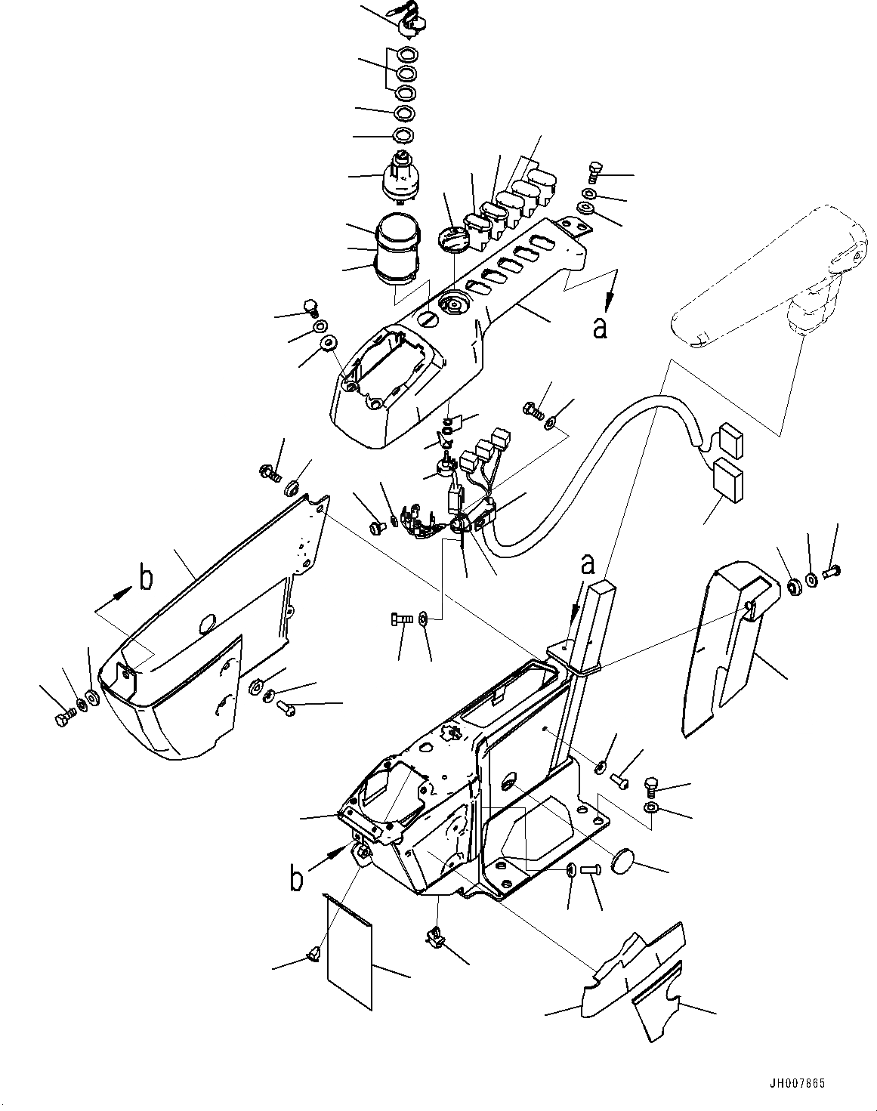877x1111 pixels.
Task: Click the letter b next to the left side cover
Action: pos(146,578)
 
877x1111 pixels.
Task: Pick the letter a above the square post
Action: pos(587,563)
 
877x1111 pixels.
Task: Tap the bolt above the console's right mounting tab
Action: pos(593,173)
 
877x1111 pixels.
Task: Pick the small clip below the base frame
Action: pos(434,935)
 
